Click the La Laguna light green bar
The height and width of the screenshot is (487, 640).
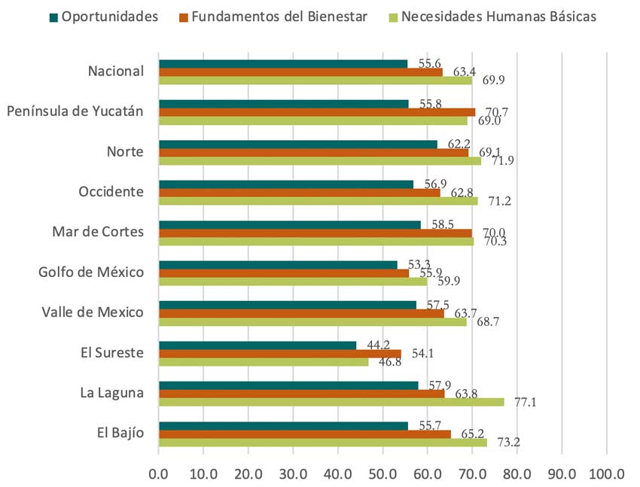tap(331, 402)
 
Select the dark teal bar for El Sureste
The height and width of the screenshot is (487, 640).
tap(258, 345)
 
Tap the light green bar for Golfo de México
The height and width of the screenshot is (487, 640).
tap(293, 281)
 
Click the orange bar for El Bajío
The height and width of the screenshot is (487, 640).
tap(305, 434)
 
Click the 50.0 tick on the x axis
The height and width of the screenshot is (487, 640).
tap(382, 475)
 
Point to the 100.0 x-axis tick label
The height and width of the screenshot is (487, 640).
tap(607, 475)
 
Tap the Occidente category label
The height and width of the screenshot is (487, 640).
tap(111, 192)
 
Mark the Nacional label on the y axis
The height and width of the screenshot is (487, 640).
tap(115, 72)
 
